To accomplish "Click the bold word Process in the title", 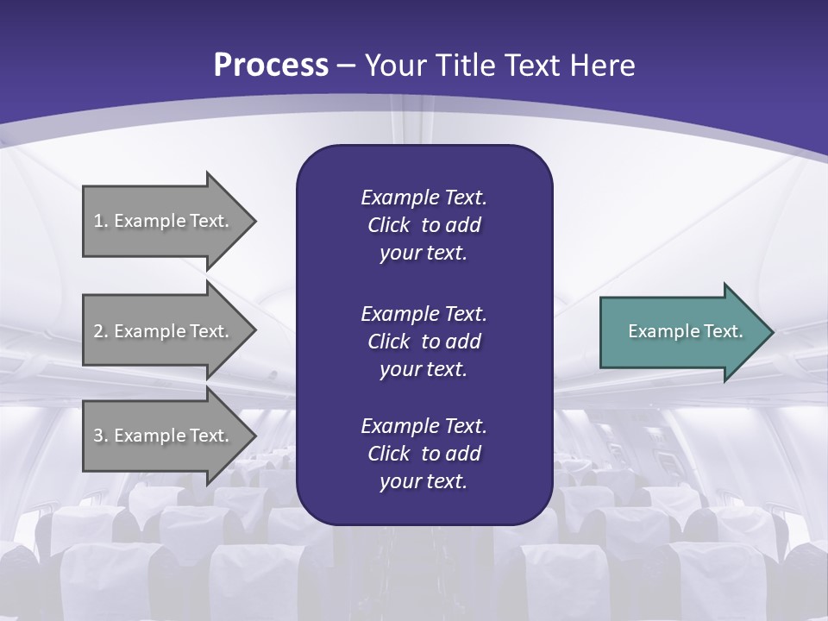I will click(271, 66).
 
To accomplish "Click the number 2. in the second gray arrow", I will click(101, 331).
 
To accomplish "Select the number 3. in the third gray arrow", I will click(101, 436).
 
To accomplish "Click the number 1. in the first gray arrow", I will click(101, 221).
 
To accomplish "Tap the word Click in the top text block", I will click(389, 225).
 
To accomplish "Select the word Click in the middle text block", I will click(389, 342).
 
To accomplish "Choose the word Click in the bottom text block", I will click(389, 454).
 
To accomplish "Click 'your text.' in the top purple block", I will click(423, 254).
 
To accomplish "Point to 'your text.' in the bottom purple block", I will click(423, 481).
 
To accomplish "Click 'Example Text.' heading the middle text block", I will click(423, 313).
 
